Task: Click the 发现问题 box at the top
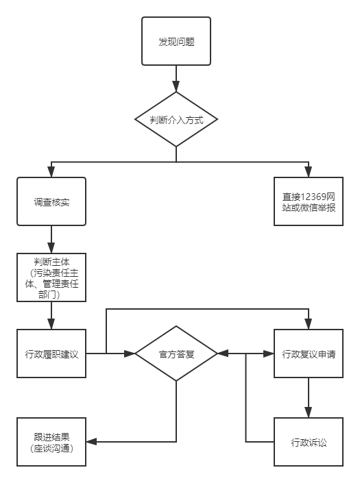176,42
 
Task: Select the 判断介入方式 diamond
176,119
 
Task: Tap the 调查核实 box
51,202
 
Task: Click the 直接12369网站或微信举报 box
309,202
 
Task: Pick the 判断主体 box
51,277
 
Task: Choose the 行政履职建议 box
51,354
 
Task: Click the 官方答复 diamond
176,354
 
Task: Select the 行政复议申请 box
309,354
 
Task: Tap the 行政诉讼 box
309,442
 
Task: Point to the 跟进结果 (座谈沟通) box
51,442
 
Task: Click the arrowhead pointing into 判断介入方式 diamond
176,87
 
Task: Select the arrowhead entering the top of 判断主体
51,248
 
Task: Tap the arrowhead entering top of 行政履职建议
51,324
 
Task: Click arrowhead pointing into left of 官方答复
130,354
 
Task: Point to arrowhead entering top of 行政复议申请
309,324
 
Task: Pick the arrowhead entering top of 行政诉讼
309,412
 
